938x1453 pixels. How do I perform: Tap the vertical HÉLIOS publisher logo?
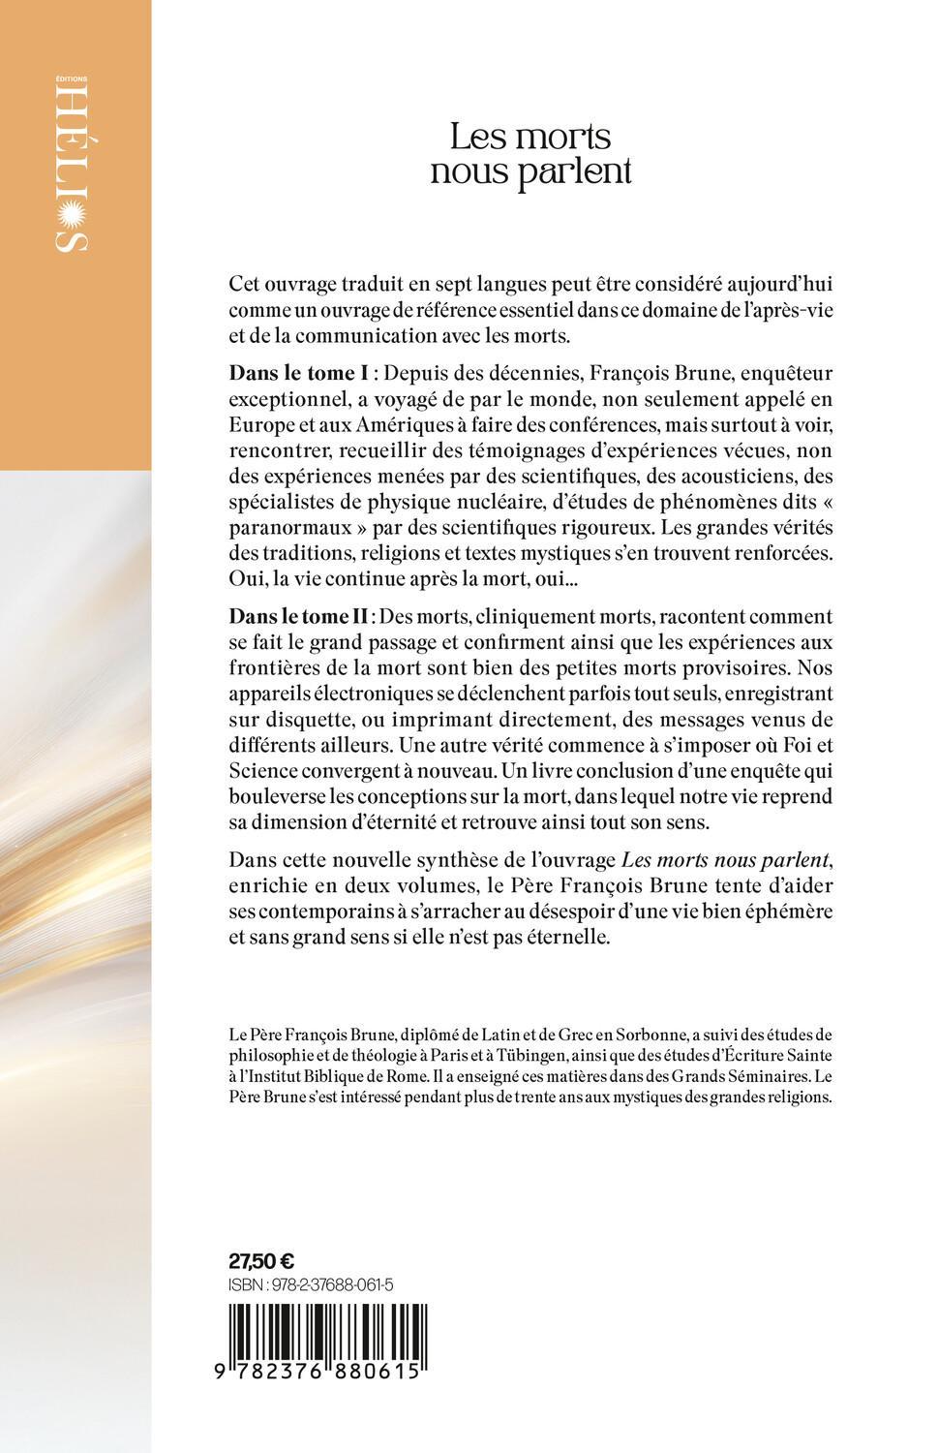[x=76, y=170]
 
